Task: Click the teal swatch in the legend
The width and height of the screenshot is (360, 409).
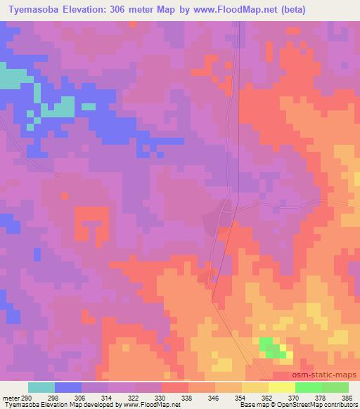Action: pyautogui.click(x=41, y=387)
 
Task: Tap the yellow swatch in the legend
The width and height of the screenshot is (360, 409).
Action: pyautogui.click(x=281, y=387)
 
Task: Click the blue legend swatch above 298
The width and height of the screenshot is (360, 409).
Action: pyautogui.click(x=67, y=387)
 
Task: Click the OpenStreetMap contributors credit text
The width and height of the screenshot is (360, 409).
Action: pyautogui.click(x=318, y=405)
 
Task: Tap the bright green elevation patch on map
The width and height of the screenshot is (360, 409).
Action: pyautogui.click(x=271, y=347)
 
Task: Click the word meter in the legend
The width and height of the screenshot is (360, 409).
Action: pyautogui.click(x=10, y=397)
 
